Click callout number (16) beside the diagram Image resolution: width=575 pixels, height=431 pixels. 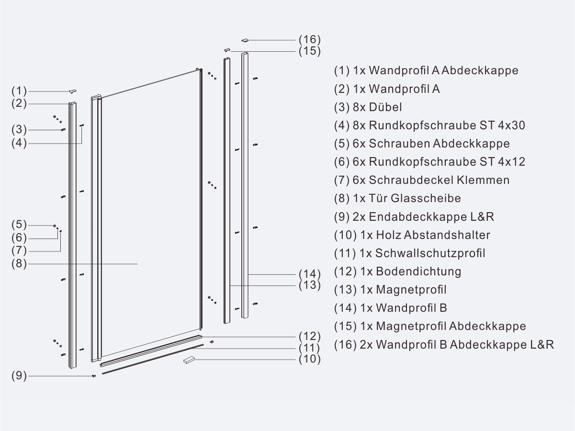[310, 40]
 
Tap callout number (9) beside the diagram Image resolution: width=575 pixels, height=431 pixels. [19, 376]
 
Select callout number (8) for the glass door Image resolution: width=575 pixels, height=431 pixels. [19, 263]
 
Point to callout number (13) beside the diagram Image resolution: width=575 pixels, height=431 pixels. [310, 285]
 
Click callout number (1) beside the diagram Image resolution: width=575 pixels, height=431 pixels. [19, 91]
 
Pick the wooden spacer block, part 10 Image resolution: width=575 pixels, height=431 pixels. [189, 360]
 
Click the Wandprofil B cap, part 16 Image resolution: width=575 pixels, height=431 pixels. [245, 40]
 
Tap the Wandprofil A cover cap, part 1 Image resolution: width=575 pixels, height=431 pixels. [73, 91]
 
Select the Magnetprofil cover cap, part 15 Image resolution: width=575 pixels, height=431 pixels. [227, 50]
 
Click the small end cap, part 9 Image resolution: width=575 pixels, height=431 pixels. [94, 376]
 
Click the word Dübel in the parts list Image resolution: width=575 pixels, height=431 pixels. [385, 107]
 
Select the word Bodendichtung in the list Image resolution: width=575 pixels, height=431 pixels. [418, 272]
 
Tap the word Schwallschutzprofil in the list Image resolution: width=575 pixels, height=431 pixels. [430, 253]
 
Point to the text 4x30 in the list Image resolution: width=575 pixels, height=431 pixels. [512, 125]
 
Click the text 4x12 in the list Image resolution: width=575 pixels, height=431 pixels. [512, 162]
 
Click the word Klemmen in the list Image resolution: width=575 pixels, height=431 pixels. [483, 180]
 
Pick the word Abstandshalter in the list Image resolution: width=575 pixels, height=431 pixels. [447, 235]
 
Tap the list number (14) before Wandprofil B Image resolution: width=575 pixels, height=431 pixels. [345, 308]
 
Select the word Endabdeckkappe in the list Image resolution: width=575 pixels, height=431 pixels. [417, 217]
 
